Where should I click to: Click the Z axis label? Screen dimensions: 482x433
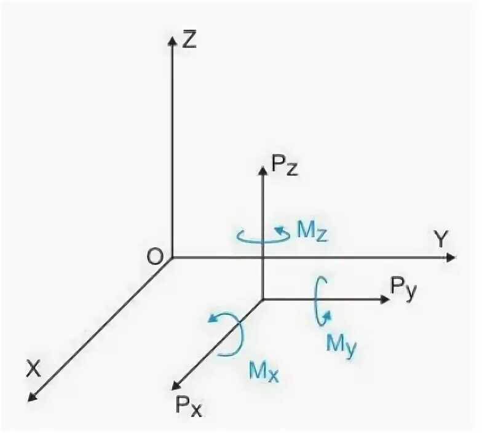189,41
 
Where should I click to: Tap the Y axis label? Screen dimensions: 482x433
440,240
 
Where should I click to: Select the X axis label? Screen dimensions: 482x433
33,368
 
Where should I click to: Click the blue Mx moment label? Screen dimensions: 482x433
264,371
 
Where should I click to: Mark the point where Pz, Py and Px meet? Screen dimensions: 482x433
263,300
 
